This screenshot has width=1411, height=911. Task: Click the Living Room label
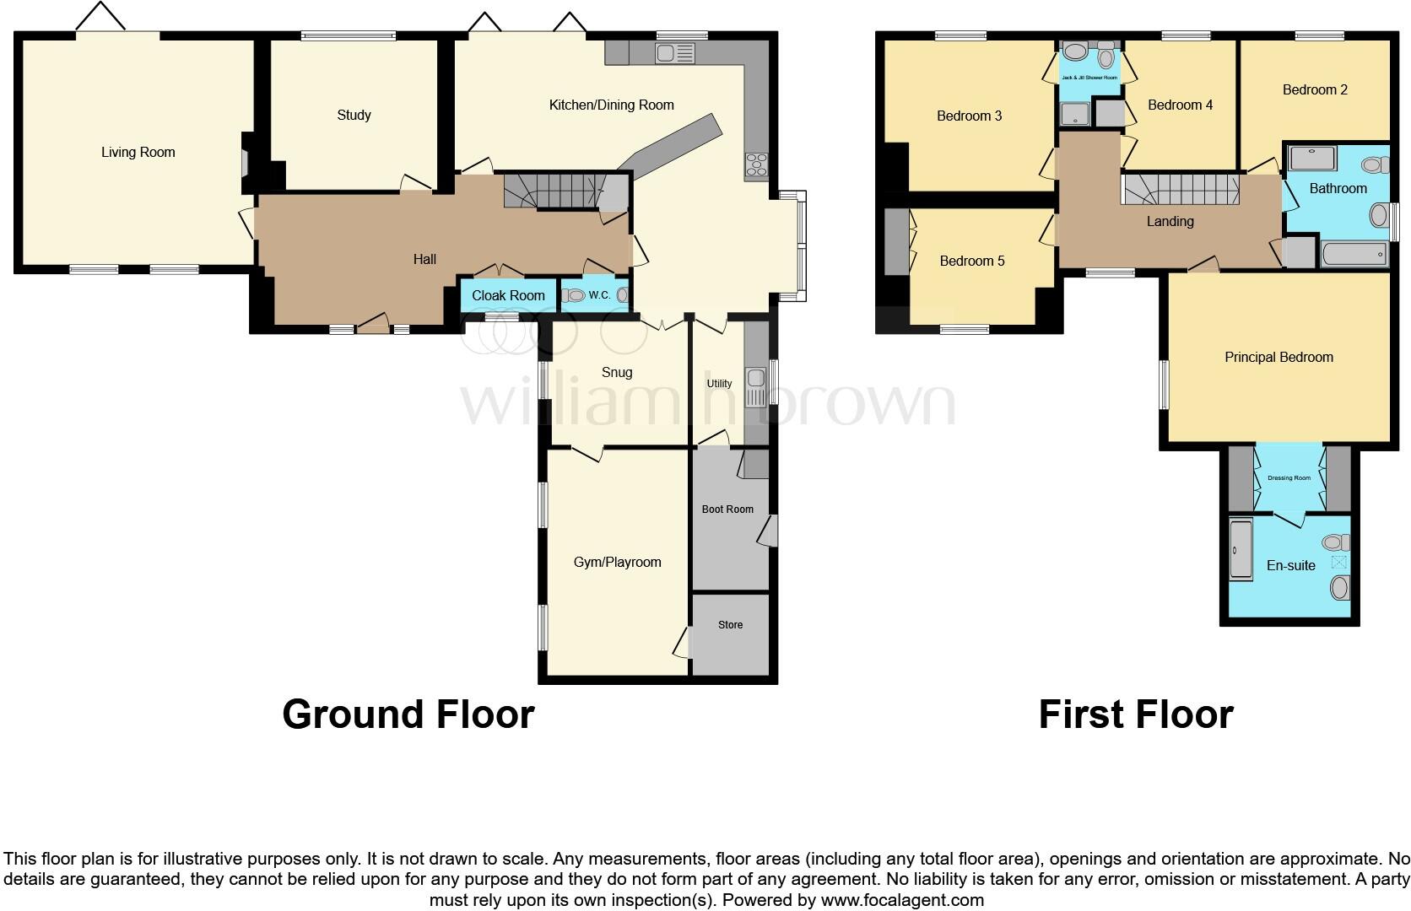pos(138,153)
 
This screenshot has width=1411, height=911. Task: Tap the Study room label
pos(354,116)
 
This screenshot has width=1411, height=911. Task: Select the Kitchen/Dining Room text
pos(611,105)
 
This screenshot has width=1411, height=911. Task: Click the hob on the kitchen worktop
pos(755,165)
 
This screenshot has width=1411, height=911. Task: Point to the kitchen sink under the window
pos(675,54)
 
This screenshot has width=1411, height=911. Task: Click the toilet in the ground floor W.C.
pos(574,295)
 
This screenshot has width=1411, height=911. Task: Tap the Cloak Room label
pos(508,295)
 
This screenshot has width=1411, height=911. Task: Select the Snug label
pos(617,372)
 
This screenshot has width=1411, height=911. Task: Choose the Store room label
pos(730,625)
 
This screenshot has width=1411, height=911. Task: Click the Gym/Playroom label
pos(617,563)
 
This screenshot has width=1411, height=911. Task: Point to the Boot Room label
pos(727,509)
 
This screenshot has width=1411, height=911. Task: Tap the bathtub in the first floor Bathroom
pos(1354,254)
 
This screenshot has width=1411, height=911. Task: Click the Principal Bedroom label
pos(1279,358)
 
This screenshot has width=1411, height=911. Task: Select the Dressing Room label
pos(1289,478)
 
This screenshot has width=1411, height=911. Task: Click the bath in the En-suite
pos(1240,549)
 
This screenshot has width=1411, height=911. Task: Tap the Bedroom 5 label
pos(972,261)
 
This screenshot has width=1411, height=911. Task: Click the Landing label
pos(1170,222)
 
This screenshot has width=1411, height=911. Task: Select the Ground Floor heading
pos(408,714)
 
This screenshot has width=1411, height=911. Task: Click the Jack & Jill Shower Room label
pos(1089,78)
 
